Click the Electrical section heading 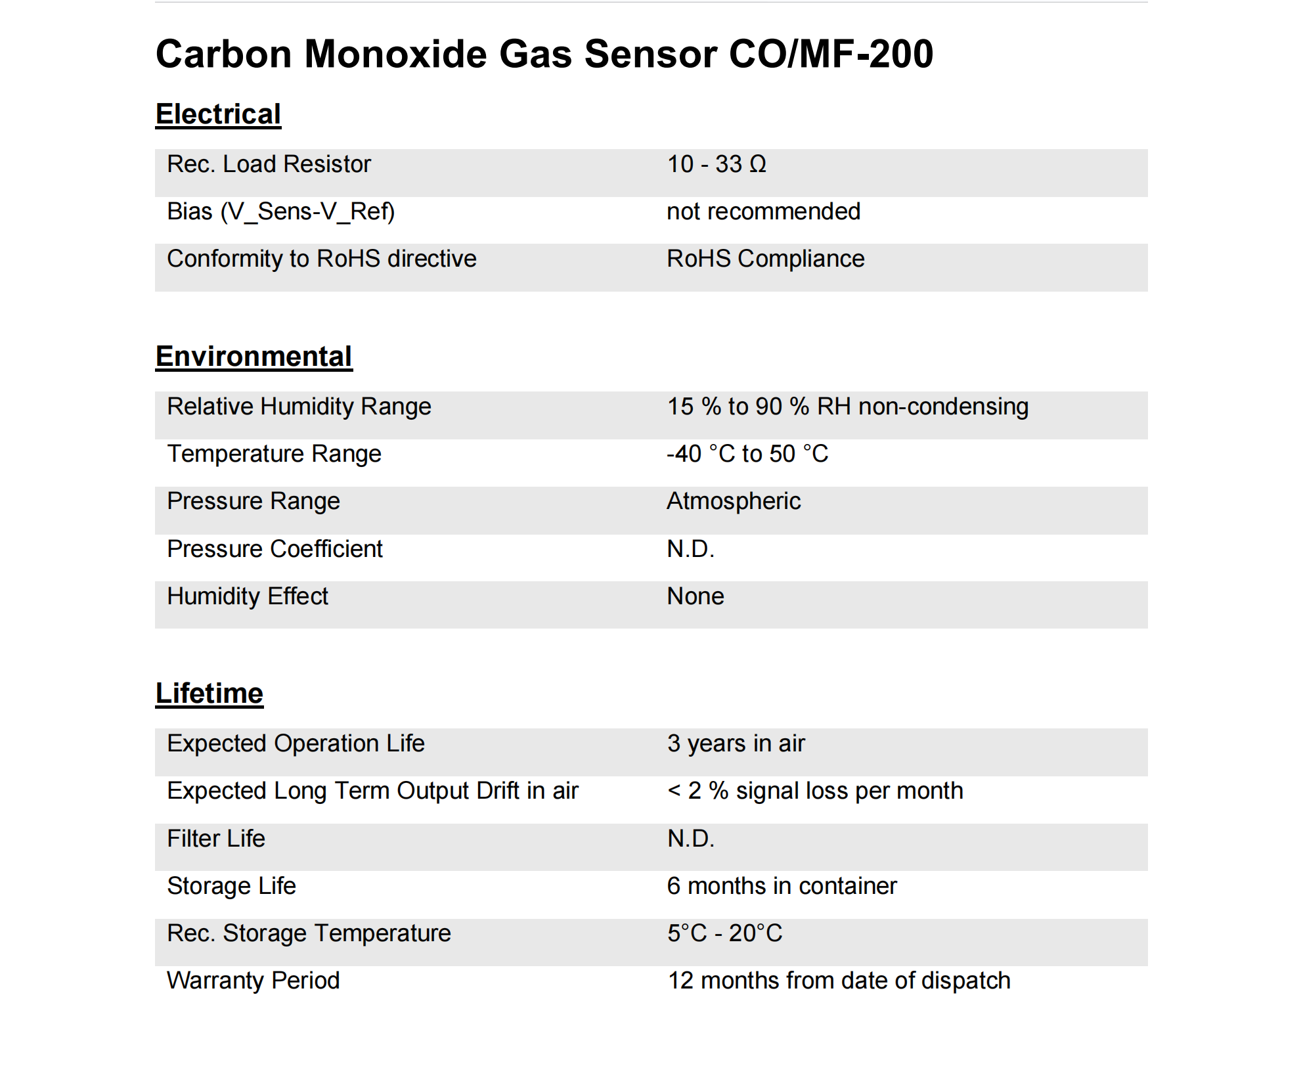pyautogui.click(x=218, y=114)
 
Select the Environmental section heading pyautogui.click(x=254, y=357)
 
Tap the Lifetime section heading pyautogui.click(x=209, y=694)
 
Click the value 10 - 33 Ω pyautogui.click(x=717, y=164)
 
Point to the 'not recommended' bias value pyautogui.click(x=763, y=211)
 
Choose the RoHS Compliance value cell pyautogui.click(x=765, y=259)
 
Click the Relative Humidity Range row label pyautogui.click(x=299, y=407)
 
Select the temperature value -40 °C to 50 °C pyautogui.click(x=747, y=454)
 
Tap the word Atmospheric pyautogui.click(x=734, y=501)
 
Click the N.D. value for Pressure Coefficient pyautogui.click(x=690, y=549)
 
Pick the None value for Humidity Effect pyautogui.click(x=696, y=596)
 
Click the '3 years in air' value pyautogui.click(x=736, y=744)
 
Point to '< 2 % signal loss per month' pyautogui.click(x=815, y=791)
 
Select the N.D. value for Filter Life pyautogui.click(x=690, y=839)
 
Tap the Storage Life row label pyautogui.click(x=231, y=886)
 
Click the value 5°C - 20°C pyautogui.click(x=724, y=933)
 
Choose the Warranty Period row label pyautogui.click(x=253, y=981)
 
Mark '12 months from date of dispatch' pyautogui.click(x=839, y=981)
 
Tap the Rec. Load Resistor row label pyautogui.click(x=269, y=164)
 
